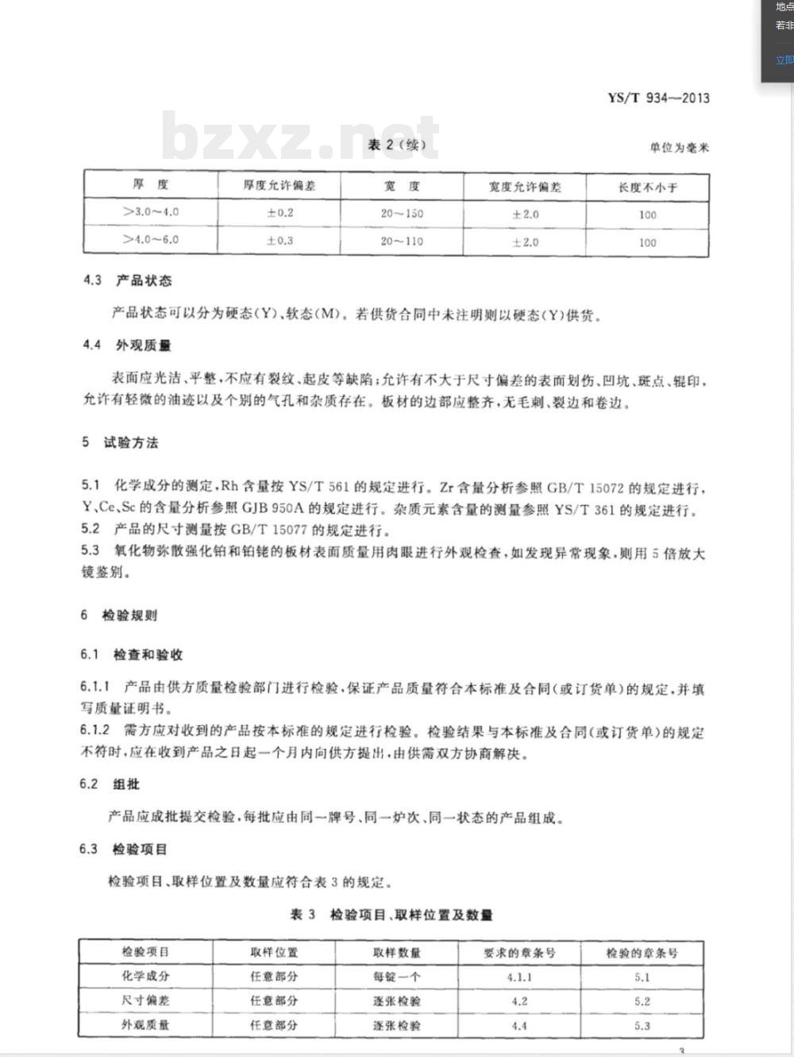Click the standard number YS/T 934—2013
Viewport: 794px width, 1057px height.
click(658, 98)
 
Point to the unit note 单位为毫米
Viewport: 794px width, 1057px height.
click(679, 148)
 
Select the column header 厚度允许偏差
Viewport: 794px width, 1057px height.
click(279, 186)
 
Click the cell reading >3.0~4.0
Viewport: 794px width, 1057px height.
click(151, 212)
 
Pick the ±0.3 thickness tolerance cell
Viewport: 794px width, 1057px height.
click(279, 240)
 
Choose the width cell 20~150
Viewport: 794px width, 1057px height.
click(402, 213)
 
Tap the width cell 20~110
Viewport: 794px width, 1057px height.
click(402, 241)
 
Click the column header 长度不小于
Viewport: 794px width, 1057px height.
click(648, 187)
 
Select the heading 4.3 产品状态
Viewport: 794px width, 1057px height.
click(127, 280)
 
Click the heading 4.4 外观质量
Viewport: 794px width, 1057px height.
click(127, 345)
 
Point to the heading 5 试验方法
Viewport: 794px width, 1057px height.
click(120, 442)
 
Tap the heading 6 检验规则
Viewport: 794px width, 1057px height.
click(119, 615)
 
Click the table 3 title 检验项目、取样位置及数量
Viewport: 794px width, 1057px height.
click(392, 915)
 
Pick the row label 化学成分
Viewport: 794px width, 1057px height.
click(145, 976)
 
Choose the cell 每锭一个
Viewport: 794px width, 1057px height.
click(397, 977)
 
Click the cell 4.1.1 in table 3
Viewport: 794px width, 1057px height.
click(519, 978)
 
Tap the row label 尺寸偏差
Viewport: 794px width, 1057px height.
click(145, 1001)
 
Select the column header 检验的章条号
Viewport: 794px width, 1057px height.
click(642, 953)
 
